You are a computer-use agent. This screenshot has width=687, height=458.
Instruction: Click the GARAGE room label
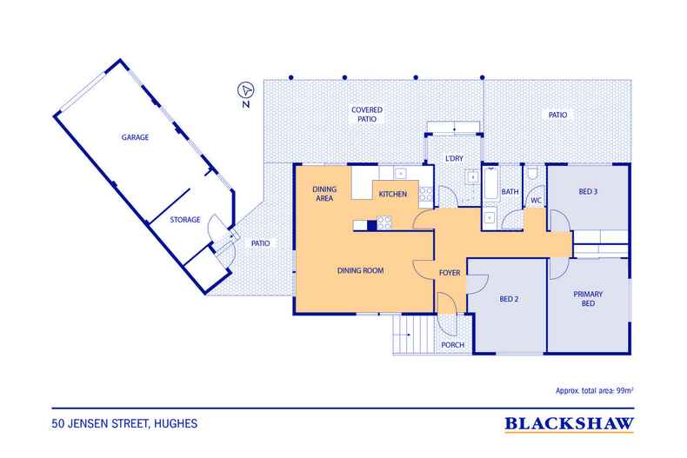pyautogui.click(x=135, y=137)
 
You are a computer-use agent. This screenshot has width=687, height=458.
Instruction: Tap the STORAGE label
pyautogui.click(x=185, y=219)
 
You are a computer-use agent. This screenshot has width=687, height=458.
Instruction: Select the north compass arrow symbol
pyautogui.click(x=246, y=90)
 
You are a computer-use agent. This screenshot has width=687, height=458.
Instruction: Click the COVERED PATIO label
pyautogui.click(x=367, y=114)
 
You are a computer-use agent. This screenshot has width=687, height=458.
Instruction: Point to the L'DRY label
pyautogui.click(x=454, y=158)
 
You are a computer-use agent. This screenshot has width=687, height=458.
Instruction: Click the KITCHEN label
pyautogui.click(x=392, y=194)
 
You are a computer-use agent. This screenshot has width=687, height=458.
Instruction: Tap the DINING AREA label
pyautogui.click(x=324, y=194)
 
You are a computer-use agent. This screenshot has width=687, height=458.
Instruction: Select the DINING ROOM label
pyautogui.click(x=360, y=270)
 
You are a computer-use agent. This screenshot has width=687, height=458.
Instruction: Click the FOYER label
pyautogui.click(x=450, y=273)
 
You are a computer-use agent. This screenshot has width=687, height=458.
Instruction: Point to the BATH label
pyautogui.click(x=510, y=191)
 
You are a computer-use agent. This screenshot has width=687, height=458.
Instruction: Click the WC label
pyautogui.click(x=537, y=200)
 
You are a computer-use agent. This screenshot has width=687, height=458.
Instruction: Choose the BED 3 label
pyautogui.click(x=588, y=191)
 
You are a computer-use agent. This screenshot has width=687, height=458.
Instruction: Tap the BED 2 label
pyautogui.click(x=509, y=299)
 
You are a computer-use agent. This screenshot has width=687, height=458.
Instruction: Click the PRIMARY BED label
pyautogui.click(x=588, y=299)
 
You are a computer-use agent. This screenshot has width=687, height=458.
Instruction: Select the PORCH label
pyautogui.click(x=452, y=345)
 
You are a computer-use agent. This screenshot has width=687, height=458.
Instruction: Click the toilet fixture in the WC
pyautogui.click(x=533, y=174)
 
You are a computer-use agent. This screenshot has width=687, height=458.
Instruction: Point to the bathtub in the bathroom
pyautogui.click(x=490, y=183)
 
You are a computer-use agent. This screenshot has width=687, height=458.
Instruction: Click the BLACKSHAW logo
pyautogui.click(x=569, y=424)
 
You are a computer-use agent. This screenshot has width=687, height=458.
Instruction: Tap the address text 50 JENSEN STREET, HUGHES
pyautogui.click(x=124, y=424)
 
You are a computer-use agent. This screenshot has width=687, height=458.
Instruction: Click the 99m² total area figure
pyautogui.click(x=624, y=390)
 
